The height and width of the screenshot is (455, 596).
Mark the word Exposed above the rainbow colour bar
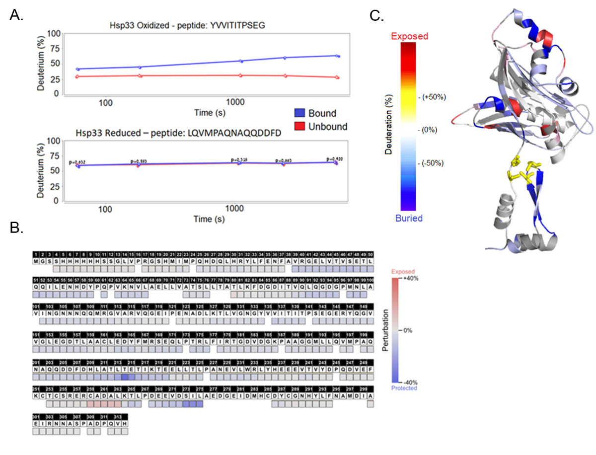click(x=409, y=36)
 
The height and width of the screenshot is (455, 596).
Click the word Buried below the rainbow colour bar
click(x=409, y=218)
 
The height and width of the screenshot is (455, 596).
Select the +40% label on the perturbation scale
click(x=410, y=279)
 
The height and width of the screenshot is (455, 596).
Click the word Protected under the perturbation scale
click(x=403, y=388)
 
